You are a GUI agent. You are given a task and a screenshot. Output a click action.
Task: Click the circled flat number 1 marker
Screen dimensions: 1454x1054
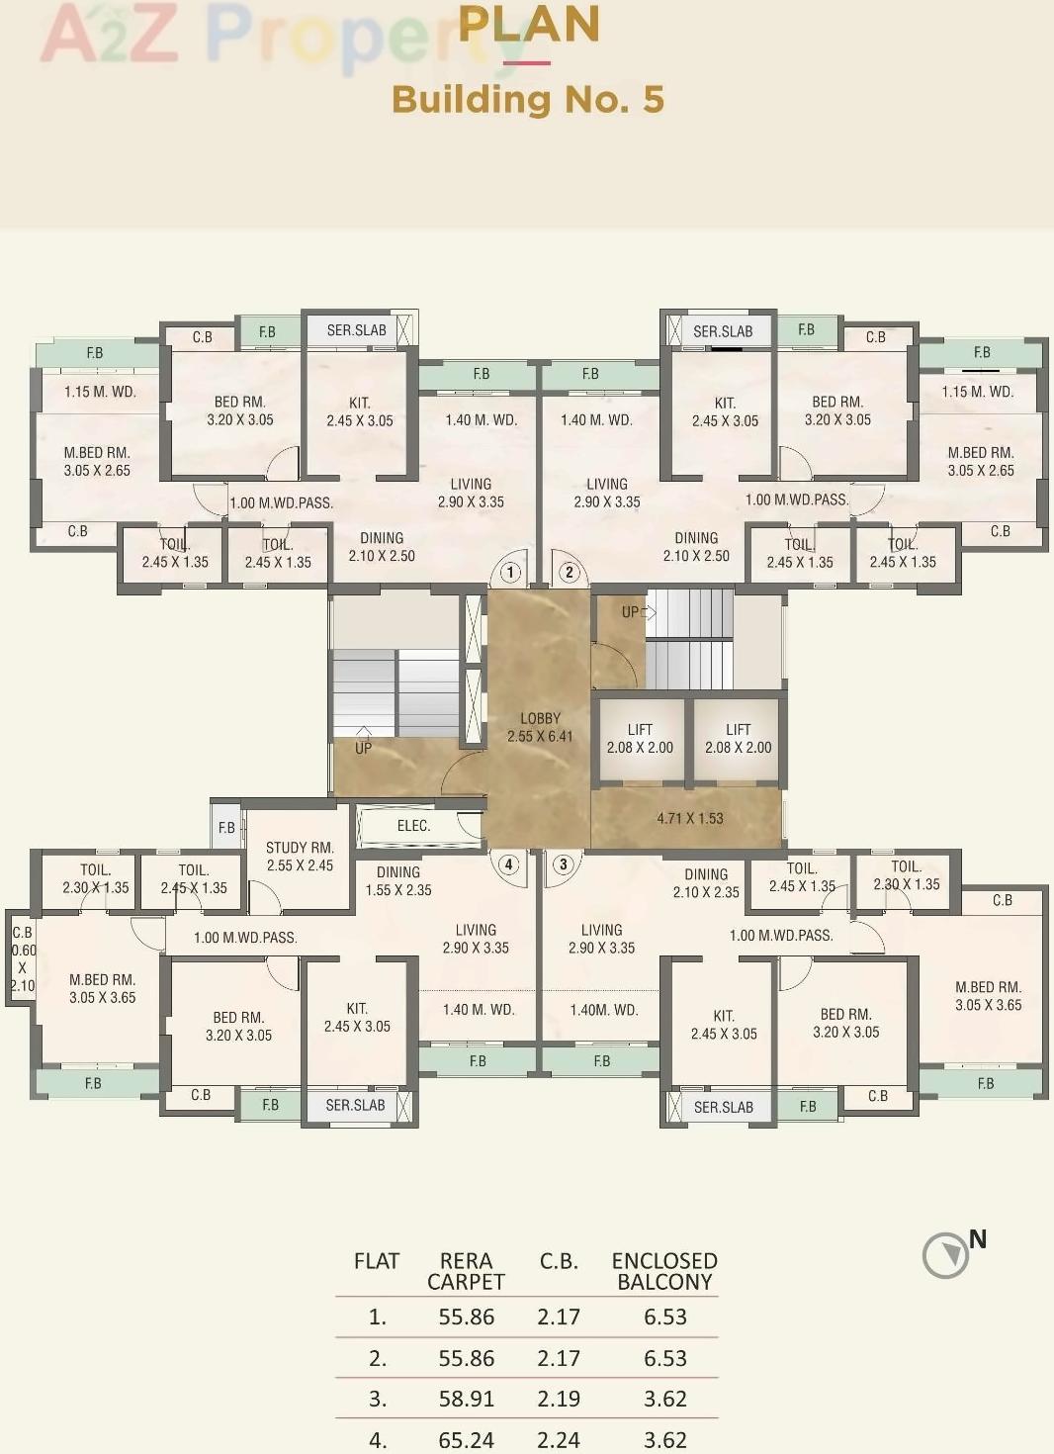pyautogui.click(x=510, y=573)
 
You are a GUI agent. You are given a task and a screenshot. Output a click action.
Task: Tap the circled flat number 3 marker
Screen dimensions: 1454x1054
pyautogui.click(x=564, y=864)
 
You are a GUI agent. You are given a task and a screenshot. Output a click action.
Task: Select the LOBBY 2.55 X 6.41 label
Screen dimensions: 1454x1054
pyautogui.click(x=540, y=727)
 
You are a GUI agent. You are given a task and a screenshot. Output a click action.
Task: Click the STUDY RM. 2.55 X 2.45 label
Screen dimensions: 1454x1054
pyautogui.click(x=300, y=857)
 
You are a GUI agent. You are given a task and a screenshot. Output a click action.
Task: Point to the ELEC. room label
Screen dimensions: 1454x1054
pyautogui.click(x=413, y=826)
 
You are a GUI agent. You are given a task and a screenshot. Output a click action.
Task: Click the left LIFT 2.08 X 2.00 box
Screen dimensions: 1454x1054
pyautogui.click(x=640, y=739)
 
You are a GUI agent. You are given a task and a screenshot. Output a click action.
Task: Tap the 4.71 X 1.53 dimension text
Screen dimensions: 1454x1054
pyautogui.click(x=690, y=818)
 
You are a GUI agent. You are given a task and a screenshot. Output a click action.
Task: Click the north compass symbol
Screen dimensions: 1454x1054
pyautogui.click(x=946, y=1255)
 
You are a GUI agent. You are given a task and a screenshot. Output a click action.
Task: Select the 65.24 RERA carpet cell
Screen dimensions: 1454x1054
pyautogui.click(x=466, y=1439)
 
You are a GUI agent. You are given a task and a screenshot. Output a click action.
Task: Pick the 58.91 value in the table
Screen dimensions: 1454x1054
pyautogui.click(x=466, y=1399)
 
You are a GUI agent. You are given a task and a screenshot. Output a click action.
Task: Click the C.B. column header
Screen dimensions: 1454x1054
pyautogui.click(x=559, y=1261)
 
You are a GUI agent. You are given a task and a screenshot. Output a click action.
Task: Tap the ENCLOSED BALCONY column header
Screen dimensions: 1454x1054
pyautogui.click(x=664, y=1271)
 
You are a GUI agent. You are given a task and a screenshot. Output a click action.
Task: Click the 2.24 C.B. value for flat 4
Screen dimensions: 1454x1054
pyautogui.click(x=559, y=1439)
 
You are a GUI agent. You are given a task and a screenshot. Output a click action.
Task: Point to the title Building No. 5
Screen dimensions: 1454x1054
pyautogui.click(x=528, y=100)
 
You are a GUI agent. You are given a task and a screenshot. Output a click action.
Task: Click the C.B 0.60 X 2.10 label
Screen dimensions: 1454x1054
pyautogui.click(x=23, y=958)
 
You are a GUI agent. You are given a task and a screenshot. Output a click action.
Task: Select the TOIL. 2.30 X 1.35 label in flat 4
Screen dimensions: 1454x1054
pyautogui.click(x=96, y=878)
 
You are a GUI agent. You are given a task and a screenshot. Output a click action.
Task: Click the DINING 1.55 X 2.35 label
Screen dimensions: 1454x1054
pyautogui.click(x=398, y=881)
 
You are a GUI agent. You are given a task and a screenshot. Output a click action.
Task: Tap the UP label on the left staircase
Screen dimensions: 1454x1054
pyautogui.click(x=364, y=748)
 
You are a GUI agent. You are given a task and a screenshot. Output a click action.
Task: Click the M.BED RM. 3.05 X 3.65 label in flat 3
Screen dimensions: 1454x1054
pyautogui.click(x=988, y=996)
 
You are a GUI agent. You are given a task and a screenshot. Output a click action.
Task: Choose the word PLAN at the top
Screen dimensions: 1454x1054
pyautogui.click(x=529, y=25)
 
